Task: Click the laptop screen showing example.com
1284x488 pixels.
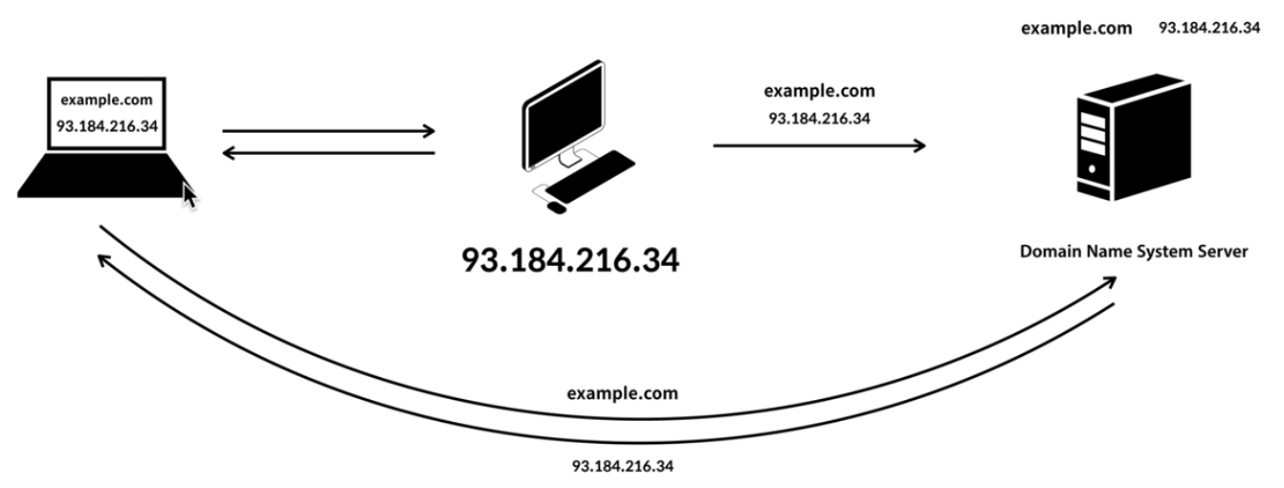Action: coord(106,113)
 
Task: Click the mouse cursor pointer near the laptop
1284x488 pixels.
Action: coord(189,196)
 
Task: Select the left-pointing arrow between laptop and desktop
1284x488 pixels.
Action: coord(328,153)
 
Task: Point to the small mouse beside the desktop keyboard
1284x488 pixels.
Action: coord(556,206)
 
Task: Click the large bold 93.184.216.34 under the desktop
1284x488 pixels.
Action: coord(570,260)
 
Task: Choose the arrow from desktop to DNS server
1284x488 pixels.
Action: coord(819,145)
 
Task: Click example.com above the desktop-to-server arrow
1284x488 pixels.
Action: coord(819,92)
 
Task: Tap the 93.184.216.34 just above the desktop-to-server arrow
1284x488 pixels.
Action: coord(819,119)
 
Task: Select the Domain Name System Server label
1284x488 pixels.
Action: coord(1133,252)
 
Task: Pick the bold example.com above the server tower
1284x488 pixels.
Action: coord(1076,29)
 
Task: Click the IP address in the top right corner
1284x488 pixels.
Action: coord(1208,28)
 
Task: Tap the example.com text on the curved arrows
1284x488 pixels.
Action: coord(622,393)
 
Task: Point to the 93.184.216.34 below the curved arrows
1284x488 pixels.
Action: coord(623,466)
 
